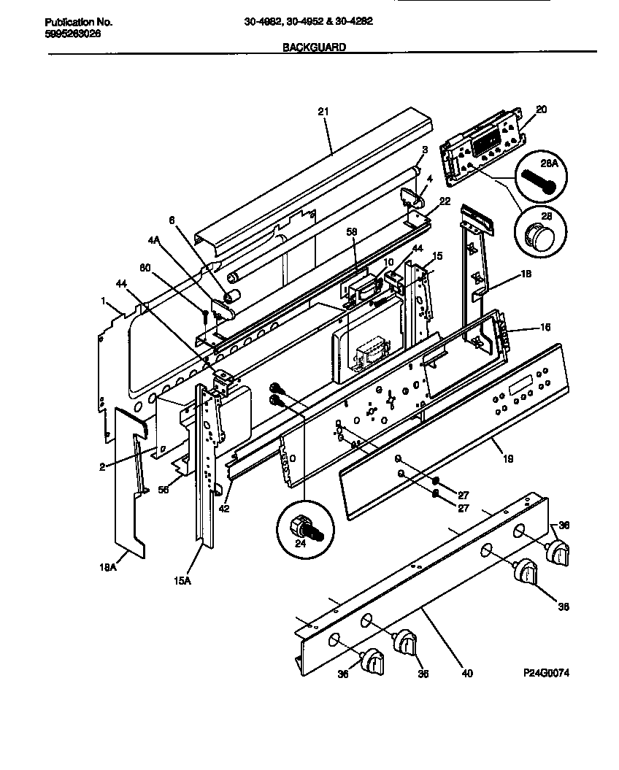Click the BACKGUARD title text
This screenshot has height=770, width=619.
314,47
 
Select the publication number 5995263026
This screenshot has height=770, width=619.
68,34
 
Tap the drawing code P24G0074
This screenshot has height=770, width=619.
546,672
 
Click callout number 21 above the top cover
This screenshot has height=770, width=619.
323,112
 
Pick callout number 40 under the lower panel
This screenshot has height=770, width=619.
467,673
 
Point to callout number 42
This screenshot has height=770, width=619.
225,509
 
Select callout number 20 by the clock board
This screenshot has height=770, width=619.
541,109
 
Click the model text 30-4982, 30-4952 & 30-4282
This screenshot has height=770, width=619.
308,22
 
